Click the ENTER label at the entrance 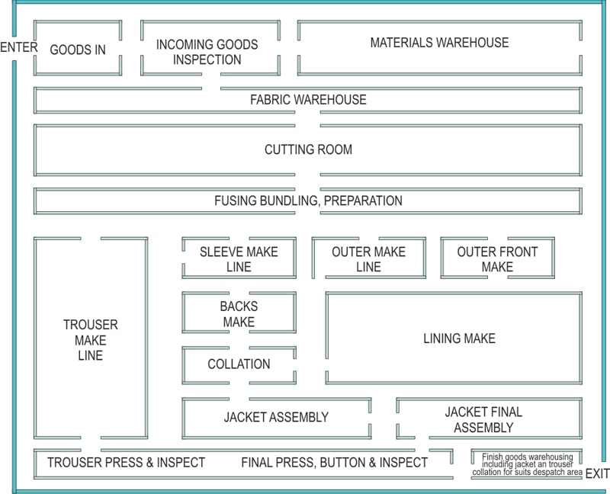19,48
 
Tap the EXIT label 597,473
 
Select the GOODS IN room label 77,50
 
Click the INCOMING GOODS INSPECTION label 207,52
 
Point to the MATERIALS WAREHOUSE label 439,43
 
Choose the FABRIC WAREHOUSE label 308,100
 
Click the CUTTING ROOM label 308,149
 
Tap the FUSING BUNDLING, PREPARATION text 308,201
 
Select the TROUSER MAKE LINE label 90,340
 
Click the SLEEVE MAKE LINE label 239,259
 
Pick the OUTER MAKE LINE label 368,259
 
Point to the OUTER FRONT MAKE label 497,259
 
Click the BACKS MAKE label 239,314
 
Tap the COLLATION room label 239,364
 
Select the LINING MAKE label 459,338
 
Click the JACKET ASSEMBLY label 276,417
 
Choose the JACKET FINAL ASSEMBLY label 483,420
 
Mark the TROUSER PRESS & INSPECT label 126,462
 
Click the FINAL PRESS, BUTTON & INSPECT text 334,462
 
